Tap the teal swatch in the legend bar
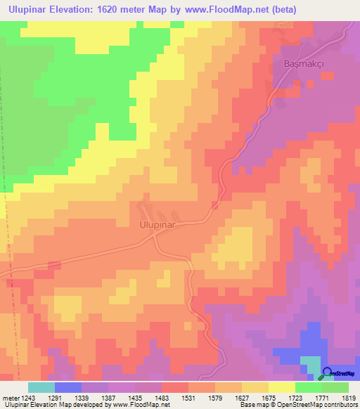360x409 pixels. pos(41,387)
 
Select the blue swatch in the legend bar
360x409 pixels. pos(68,387)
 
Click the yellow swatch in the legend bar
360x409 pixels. pos(282,387)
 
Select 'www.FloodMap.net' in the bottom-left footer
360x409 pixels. pos(140,405)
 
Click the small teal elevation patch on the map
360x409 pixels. pos(310,363)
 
